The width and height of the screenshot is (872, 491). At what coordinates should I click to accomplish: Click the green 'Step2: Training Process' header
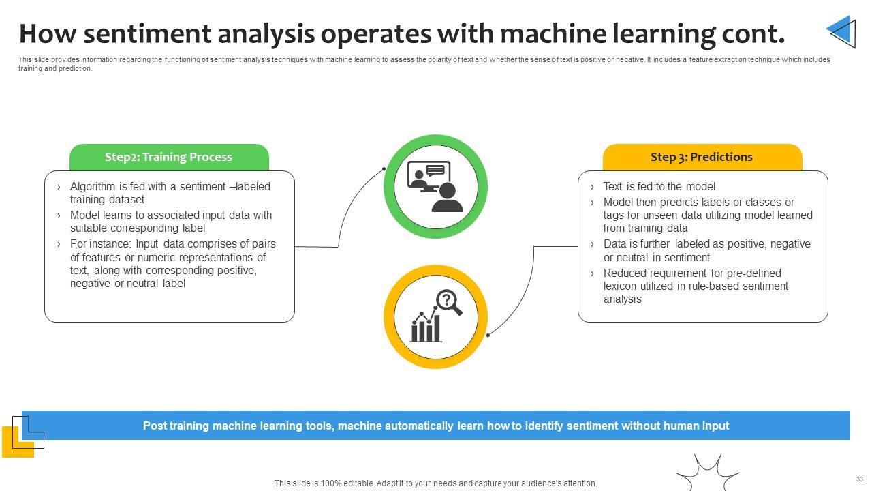(169, 157)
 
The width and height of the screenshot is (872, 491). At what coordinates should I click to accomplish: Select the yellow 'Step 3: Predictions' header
(702, 157)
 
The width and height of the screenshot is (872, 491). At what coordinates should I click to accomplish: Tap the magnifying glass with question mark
(449, 302)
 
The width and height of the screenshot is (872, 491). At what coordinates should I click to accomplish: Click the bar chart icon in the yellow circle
(426, 327)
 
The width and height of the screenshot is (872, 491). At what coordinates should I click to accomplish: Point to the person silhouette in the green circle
(448, 197)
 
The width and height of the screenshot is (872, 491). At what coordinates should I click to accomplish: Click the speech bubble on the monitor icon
(435, 170)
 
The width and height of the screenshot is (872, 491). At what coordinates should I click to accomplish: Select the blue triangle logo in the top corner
(841, 32)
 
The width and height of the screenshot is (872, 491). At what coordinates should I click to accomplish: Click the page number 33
(860, 479)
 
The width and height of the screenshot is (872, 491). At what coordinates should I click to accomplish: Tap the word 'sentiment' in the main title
(147, 33)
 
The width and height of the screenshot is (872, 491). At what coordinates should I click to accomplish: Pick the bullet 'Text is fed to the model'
(659, 187)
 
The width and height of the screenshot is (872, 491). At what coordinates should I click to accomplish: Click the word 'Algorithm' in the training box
(93, 187)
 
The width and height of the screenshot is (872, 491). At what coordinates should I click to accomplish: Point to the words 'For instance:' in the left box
(101, 244)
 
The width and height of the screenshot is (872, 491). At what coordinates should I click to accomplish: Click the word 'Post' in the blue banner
(154, 426)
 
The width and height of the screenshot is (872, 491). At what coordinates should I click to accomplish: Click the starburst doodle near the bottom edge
(707, 473)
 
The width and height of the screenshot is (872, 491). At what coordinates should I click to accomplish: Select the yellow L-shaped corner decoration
(18, 442)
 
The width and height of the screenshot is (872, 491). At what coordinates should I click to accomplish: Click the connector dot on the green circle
(384, 168)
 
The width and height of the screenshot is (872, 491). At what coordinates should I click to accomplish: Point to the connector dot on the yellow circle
(488, 335)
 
